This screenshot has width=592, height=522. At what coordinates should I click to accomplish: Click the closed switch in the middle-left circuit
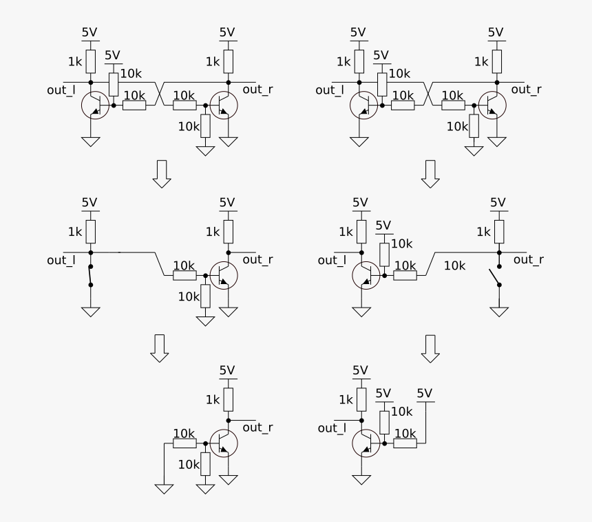click(89, 274)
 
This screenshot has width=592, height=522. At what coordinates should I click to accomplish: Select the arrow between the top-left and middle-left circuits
click(162, 173)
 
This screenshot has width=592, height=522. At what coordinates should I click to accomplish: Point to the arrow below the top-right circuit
click(431, 173)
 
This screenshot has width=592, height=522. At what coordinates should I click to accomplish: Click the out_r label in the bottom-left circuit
click(257, 428)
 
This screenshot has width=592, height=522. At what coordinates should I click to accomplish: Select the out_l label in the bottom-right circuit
click(332, 428)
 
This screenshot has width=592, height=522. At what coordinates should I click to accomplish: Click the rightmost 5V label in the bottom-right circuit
click(425, 394)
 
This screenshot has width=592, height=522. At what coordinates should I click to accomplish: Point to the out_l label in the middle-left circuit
click(61, 260)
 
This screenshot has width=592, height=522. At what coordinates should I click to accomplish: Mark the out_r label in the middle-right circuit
click(528, 259)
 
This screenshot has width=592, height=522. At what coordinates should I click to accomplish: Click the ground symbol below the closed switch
click(90, 311)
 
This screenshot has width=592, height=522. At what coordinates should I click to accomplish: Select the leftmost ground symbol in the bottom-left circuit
click(164, 488)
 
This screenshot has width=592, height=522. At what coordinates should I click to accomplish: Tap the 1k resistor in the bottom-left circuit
click(228, 399)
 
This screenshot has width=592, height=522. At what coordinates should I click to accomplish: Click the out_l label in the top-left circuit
click(61, 90)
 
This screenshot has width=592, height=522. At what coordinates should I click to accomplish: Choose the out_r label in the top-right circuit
click(526, 89)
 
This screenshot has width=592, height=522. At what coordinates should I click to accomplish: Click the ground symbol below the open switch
click(499, 311)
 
